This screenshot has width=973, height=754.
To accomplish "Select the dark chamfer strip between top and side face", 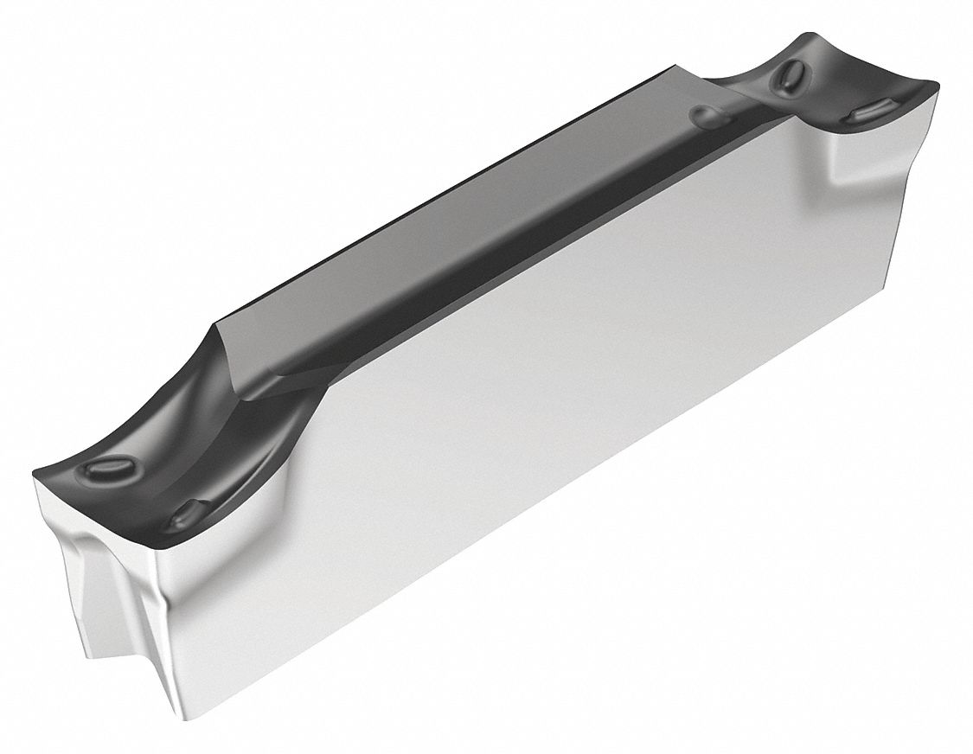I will pyautogui.click(x=519, y=251).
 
